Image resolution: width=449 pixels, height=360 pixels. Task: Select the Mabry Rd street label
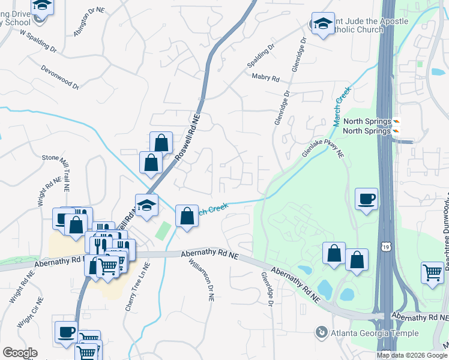[266, 78]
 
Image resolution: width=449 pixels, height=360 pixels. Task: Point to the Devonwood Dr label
[60, 77]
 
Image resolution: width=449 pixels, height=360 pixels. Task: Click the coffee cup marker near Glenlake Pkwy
[366, 199]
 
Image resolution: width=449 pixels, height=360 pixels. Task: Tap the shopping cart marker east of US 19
[432, 273]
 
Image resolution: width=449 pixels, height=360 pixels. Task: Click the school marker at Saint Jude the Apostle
[323, 24]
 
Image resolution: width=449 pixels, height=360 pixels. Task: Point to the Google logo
[20, 353]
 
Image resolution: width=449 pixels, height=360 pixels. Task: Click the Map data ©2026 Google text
[412, 355]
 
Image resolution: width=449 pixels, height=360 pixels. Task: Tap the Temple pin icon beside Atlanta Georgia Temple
[322, 331]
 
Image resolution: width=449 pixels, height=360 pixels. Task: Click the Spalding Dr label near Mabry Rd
[261, 55]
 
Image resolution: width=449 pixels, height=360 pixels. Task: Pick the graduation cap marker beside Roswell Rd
[146, 205]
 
